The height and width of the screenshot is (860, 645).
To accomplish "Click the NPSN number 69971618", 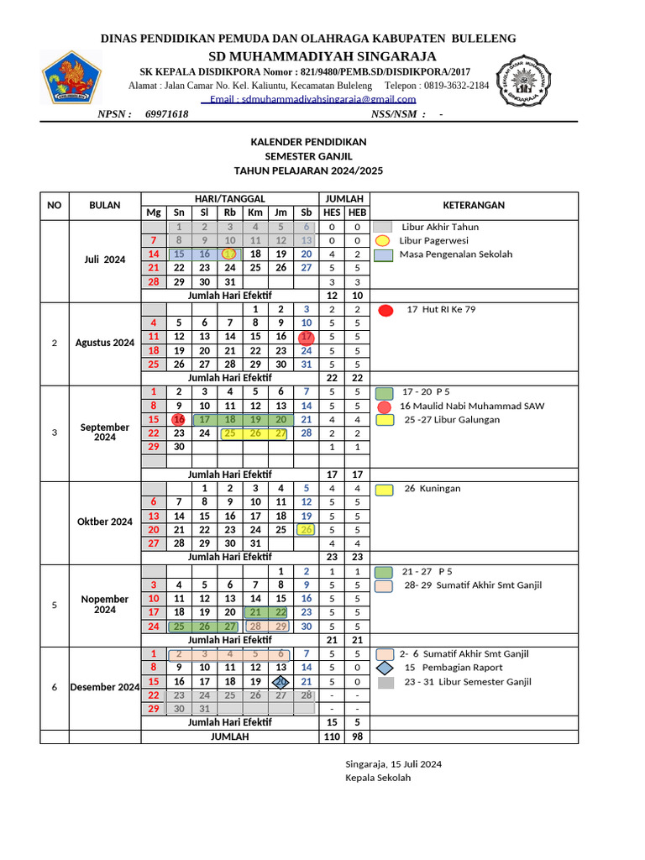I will (x=166, y=114).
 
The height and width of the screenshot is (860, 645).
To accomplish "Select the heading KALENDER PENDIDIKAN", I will (x=308, y=142).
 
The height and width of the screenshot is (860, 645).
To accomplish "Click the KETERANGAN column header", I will (x=474, y=205).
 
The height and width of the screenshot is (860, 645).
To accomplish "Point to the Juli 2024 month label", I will (x=104, y=260).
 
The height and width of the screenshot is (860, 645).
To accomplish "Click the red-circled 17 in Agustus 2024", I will (x=307, y=337).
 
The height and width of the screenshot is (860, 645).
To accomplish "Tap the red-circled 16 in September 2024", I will (x=178, y=419).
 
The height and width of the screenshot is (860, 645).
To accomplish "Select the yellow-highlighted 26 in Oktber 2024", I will (x=307, y=530).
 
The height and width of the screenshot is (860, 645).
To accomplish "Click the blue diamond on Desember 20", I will (x=281, y=682).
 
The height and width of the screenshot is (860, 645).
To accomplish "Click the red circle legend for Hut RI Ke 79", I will (x=385, y=310).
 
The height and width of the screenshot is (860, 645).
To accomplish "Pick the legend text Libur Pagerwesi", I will (x=433, y=240).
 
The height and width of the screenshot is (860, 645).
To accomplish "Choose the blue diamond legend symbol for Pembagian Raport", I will (x=385, y=668).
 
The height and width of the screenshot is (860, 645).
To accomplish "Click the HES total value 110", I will (x=332, y=737).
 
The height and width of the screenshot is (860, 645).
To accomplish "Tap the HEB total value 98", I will (x=357, y=737).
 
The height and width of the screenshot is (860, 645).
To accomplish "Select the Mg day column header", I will (x=153, y=212).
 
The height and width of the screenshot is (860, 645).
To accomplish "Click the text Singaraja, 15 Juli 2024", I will (x=393, y=763).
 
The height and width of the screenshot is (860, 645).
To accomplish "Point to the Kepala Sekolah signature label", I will (x=378, y=778).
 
